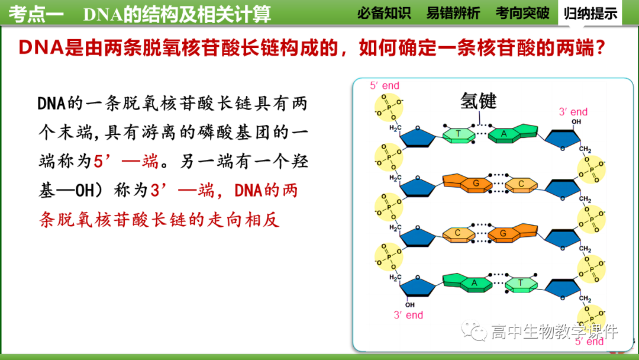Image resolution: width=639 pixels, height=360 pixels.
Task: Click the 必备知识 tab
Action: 383,13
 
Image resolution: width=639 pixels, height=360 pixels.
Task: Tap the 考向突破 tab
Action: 522,13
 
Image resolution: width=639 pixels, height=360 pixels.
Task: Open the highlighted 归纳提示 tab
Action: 590,13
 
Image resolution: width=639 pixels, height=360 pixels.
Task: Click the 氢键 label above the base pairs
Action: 478,101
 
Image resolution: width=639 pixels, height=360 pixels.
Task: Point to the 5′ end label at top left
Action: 385,86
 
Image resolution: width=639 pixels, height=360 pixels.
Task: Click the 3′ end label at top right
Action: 573,112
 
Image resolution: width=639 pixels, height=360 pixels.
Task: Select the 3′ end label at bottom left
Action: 408,315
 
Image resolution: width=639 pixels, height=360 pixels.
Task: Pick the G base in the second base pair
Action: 475,184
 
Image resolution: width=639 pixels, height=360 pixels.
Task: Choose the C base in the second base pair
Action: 521,184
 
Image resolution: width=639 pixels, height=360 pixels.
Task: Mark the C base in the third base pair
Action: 457,233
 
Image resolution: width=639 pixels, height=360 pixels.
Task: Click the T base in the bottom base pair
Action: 521,284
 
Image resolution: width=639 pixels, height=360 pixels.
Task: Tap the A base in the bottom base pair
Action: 474,283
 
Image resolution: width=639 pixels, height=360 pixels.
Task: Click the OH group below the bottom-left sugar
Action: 410,305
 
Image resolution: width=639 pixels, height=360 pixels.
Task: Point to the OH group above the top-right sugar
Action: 576,122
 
